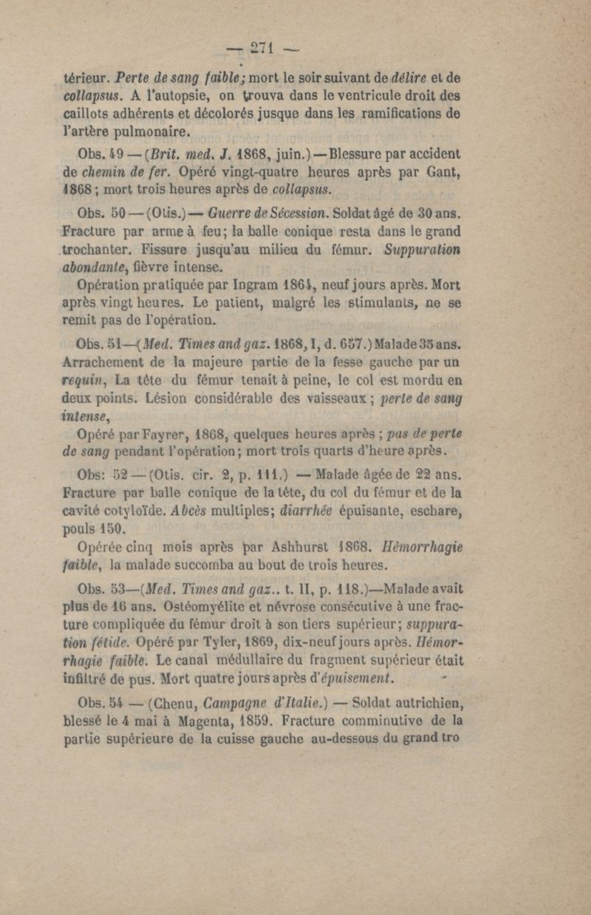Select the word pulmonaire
(x=153, y=133)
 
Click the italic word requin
(x=86, y=383)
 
